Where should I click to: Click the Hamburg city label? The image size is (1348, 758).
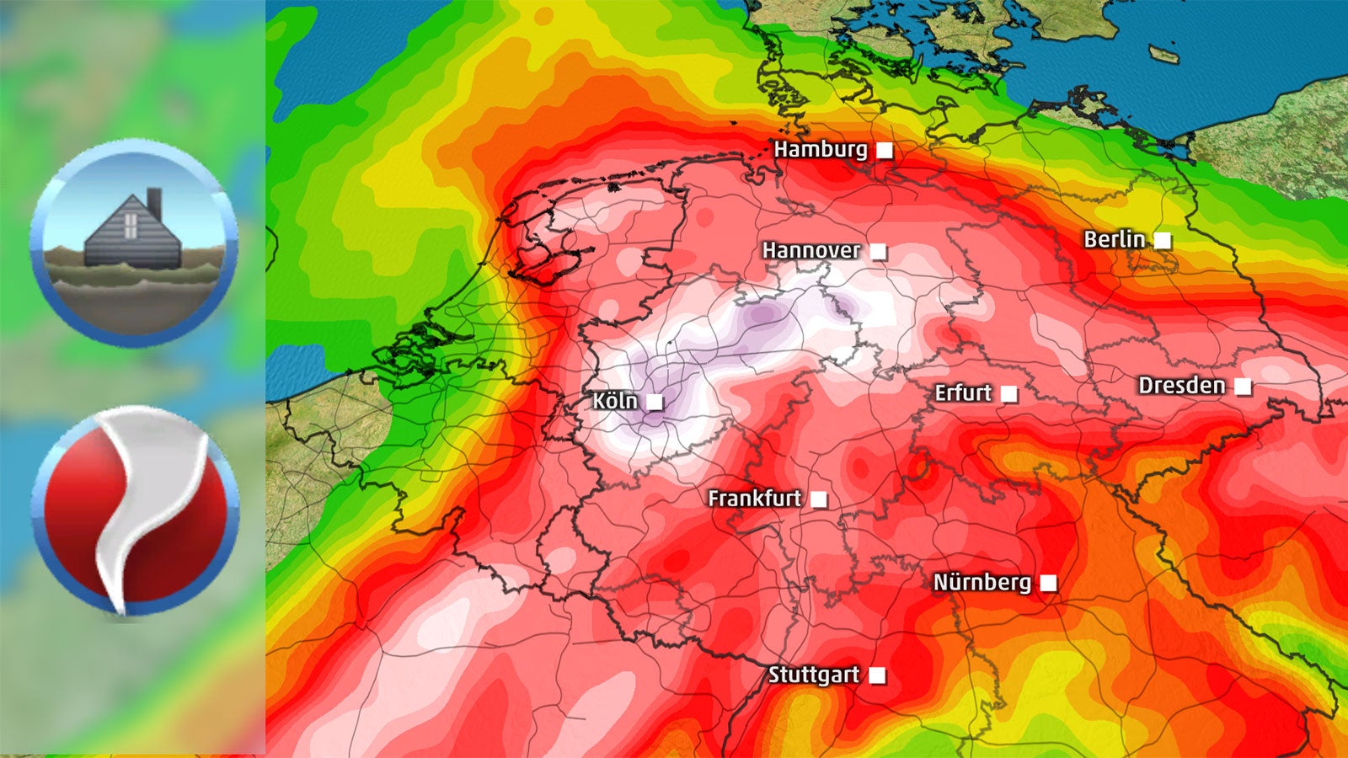point(820,150)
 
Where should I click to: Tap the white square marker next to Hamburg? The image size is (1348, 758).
point(885,151)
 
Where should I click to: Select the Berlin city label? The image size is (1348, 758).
point(1114,240)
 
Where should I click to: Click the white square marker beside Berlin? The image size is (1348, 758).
point(1163,240)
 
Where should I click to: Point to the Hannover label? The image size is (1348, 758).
point(810,251)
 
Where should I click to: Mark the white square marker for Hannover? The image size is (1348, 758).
point(879,251)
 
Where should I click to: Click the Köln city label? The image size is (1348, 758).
point(615,401)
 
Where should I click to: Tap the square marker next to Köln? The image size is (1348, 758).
point(655,402)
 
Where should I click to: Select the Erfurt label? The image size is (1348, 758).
point(963,393)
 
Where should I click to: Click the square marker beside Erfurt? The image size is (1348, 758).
point(1008,393)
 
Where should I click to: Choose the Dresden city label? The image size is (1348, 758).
point(1181,386)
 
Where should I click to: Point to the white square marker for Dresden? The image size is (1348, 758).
point(1243,387)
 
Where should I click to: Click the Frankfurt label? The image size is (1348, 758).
point(754,499)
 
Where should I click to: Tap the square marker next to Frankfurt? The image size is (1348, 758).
point(818,499)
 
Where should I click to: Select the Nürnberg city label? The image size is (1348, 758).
point(982,583)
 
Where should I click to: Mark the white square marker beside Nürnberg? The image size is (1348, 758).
point(1048,583)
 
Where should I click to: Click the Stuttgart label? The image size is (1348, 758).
point(813,675)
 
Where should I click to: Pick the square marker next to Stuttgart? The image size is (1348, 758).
point(877,675)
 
